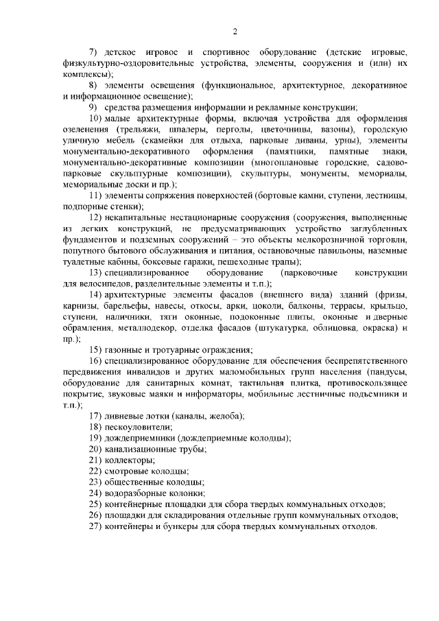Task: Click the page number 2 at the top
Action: (x=235, y=32)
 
